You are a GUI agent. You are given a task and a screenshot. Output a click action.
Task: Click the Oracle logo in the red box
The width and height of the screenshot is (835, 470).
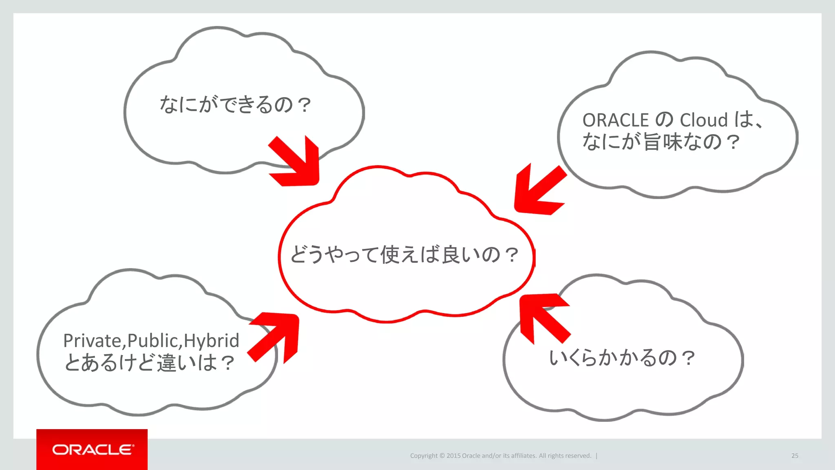point(92,450)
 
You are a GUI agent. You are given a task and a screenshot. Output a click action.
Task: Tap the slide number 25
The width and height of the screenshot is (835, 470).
point(795,456)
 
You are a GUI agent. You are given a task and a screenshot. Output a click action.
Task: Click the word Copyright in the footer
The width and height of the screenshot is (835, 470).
point(424,456)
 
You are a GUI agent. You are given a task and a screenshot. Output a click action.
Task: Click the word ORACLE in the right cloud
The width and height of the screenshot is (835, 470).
point(615,120)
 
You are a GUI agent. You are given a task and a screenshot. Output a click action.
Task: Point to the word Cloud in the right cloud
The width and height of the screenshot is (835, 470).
point(704,120)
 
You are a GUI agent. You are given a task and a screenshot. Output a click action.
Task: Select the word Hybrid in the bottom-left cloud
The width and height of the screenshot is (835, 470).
point(211,341)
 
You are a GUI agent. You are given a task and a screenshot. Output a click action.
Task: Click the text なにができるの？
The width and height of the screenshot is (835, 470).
point(235,104)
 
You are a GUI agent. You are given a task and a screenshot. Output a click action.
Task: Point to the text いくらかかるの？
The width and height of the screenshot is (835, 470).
point(621,358)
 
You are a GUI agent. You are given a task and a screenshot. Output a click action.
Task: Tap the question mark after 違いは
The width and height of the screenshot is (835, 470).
point(228,363)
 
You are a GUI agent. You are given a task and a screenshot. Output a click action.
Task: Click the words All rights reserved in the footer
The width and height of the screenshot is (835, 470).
point(565,456)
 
